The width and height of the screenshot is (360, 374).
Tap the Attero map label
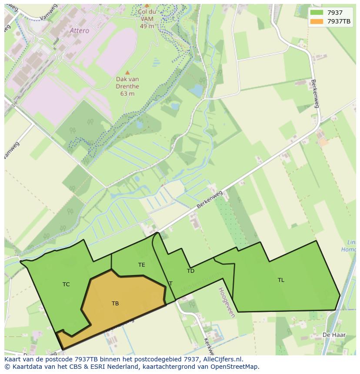coord(79,31)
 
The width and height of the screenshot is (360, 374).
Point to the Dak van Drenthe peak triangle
coord(127,73)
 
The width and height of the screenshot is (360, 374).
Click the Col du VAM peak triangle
coord(147,6)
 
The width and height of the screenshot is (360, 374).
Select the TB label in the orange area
coord(115,304)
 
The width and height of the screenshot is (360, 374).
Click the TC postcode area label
coord(66,285)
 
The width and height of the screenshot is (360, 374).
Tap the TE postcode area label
coord(142,265)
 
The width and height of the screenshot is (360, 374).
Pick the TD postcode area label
coord(190,271)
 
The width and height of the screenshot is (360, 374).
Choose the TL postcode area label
coord(281,280)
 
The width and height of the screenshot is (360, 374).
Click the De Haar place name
coord(330,335)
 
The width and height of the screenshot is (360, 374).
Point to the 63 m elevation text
coord(127,93)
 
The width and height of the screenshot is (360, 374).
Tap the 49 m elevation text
coord(147,26)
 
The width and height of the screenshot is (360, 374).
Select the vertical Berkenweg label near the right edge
coord(315,93)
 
